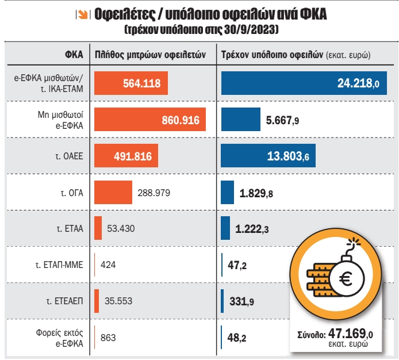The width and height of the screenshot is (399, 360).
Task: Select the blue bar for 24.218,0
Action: (x=304, y=83)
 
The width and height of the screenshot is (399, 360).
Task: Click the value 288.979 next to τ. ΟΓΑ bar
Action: (x=155, y=193)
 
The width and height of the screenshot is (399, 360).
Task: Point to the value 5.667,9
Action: (x=282, y=120)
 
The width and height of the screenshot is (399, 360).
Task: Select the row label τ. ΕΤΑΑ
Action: (x=70, y=228)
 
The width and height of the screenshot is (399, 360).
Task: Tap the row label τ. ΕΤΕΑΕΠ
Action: (x=64, y=301)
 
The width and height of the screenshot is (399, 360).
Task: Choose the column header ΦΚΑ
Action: (x=74, y=55)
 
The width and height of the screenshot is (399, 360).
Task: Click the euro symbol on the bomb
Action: (x=347, y=280)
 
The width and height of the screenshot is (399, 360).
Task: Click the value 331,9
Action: (x=242, y=301)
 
